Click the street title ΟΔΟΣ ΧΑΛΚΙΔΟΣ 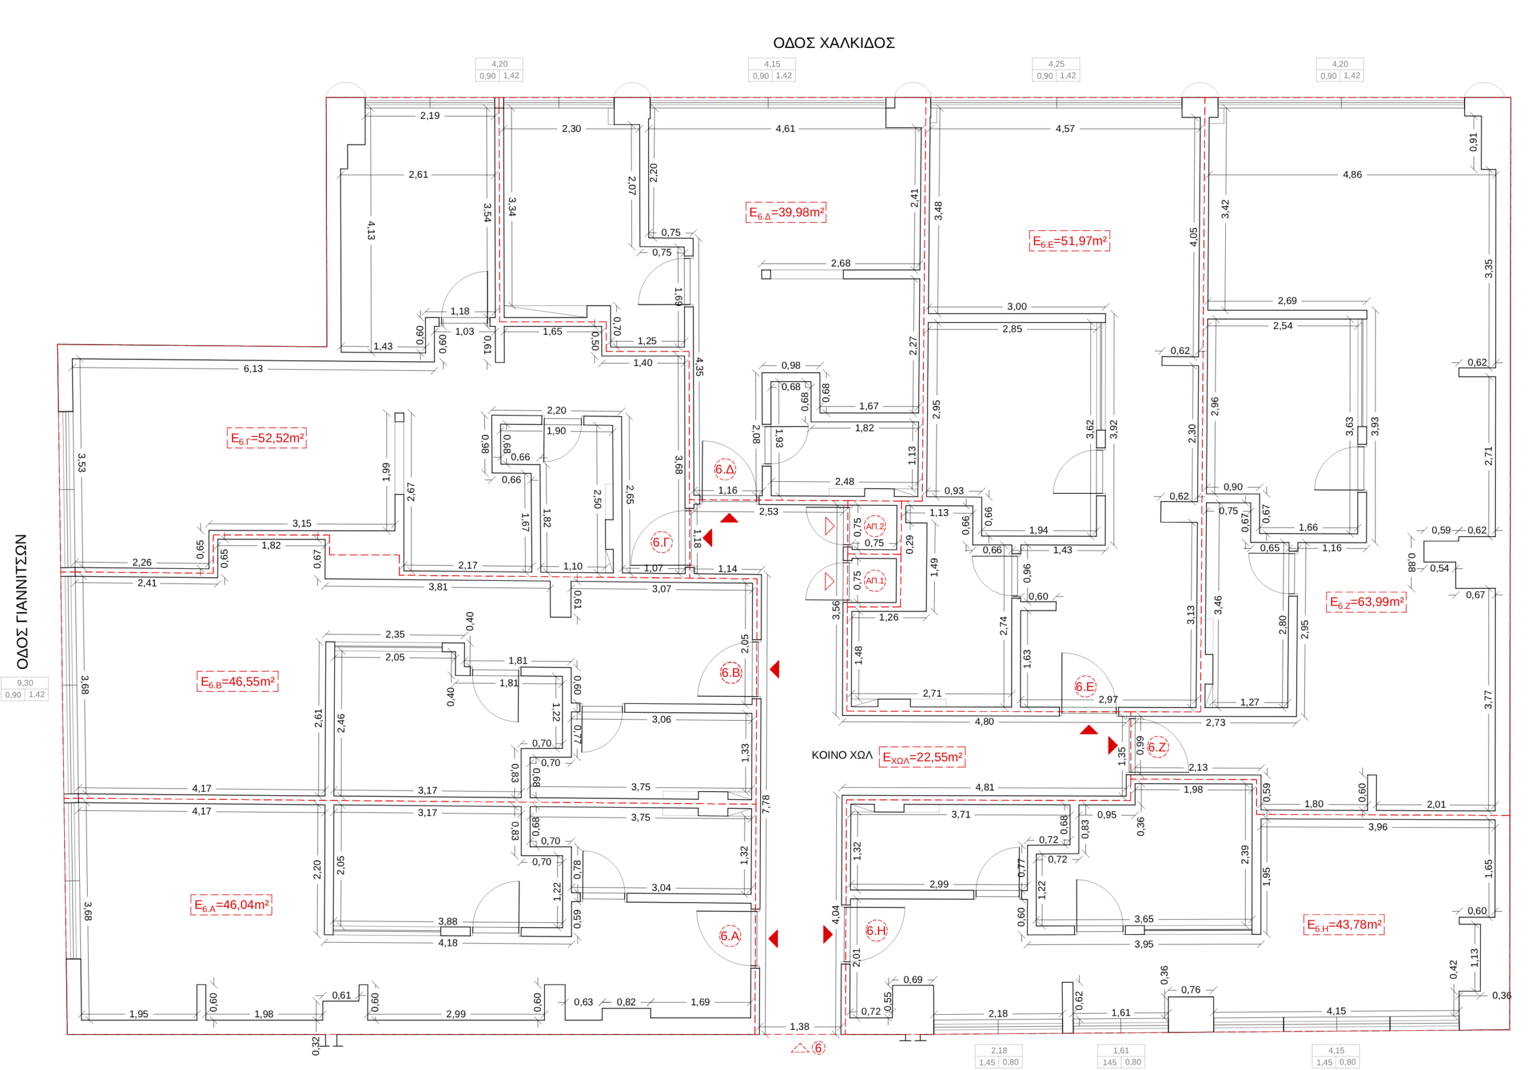[833, 43]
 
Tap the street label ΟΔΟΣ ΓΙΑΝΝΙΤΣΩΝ [22, 601]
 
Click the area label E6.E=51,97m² [1069, 241]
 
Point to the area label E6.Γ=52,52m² [267, 438]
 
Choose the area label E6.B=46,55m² [238, 682]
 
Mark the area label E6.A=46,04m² [232, 906]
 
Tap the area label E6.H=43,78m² [1344, 925]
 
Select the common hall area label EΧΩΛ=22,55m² [922, 757]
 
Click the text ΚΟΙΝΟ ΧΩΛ [842, 755]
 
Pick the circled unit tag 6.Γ [661, 542]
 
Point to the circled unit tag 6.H [876, 931]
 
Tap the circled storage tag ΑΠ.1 [875, 581]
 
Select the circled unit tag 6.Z [1157, 748]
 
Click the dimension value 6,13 [253, 368]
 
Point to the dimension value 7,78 [766, 804]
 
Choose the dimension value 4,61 [785, 128]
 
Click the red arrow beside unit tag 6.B [775, 669]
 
